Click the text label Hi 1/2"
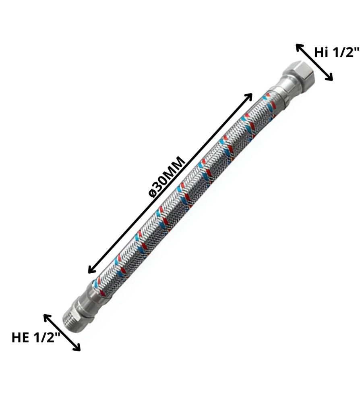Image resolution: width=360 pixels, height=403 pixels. tap(337, 52)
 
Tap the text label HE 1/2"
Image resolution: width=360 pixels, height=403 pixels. tap(35, 337)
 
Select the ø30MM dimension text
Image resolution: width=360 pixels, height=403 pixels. tap(167, 176)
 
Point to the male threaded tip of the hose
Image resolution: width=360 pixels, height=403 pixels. tap(73, 319)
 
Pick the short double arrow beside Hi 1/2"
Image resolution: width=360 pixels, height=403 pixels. tap(314, 62)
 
